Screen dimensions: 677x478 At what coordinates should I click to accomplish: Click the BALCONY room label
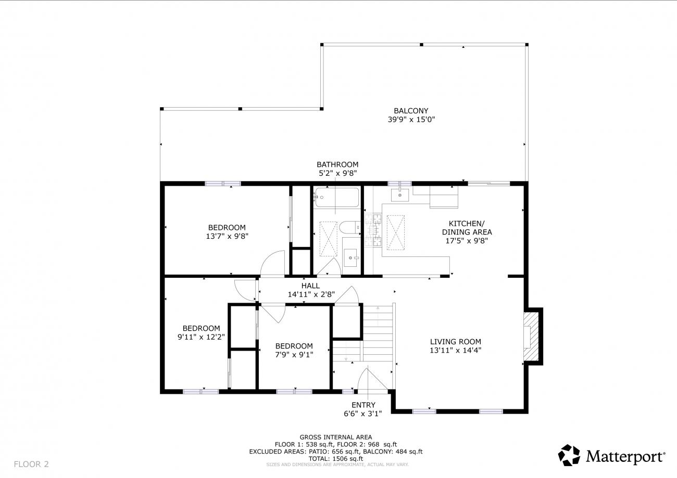pos(411,111)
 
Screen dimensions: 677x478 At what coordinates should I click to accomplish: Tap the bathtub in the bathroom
pos(337,197)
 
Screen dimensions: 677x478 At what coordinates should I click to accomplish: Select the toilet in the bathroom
pos(349,227)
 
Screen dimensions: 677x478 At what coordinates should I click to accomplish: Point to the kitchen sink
pos(400,195)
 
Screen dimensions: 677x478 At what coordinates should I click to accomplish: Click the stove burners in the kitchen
pos(373,230)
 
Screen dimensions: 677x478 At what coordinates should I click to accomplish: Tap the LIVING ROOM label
pos(456,342)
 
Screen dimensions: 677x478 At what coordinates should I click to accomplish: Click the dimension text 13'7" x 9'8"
pos(227,236)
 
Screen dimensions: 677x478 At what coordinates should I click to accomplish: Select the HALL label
pos(310,286)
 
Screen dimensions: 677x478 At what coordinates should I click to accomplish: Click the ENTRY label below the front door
pos(363,405)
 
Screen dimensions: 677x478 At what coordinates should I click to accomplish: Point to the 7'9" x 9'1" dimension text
pos(294,354)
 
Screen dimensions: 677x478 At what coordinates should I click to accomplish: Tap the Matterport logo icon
pos(569,455)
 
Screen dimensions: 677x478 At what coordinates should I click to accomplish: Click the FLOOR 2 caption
pos(31,464)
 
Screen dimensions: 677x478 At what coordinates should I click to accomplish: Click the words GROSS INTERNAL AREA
pos(336,437)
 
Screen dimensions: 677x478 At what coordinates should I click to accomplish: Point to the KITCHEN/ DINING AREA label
pos(467,228)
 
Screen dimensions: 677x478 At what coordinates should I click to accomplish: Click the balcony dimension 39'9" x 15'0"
pos(411,119)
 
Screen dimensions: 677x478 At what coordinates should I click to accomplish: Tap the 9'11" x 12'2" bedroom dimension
pos(201,337)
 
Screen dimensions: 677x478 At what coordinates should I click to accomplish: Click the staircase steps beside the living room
pos(378,333)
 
